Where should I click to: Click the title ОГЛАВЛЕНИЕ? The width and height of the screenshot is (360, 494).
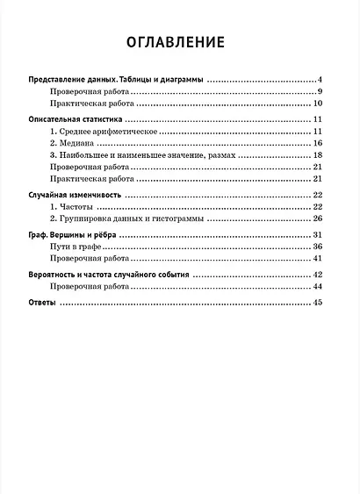click(175, 42)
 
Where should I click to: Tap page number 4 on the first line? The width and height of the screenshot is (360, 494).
click(322, 80)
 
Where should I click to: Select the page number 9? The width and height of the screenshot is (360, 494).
click(322, 92)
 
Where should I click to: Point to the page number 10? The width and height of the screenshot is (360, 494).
click(320, 104)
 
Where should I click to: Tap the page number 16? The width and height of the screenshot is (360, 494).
click(320, 142)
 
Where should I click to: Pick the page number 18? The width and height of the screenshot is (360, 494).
click(320, 154)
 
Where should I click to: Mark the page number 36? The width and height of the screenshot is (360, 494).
click(320, 247)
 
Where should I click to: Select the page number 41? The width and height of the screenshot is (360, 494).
click(320, 260)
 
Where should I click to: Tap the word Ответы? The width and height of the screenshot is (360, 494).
click(42, 303)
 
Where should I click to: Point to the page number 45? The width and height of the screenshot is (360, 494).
click(320, 303)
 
